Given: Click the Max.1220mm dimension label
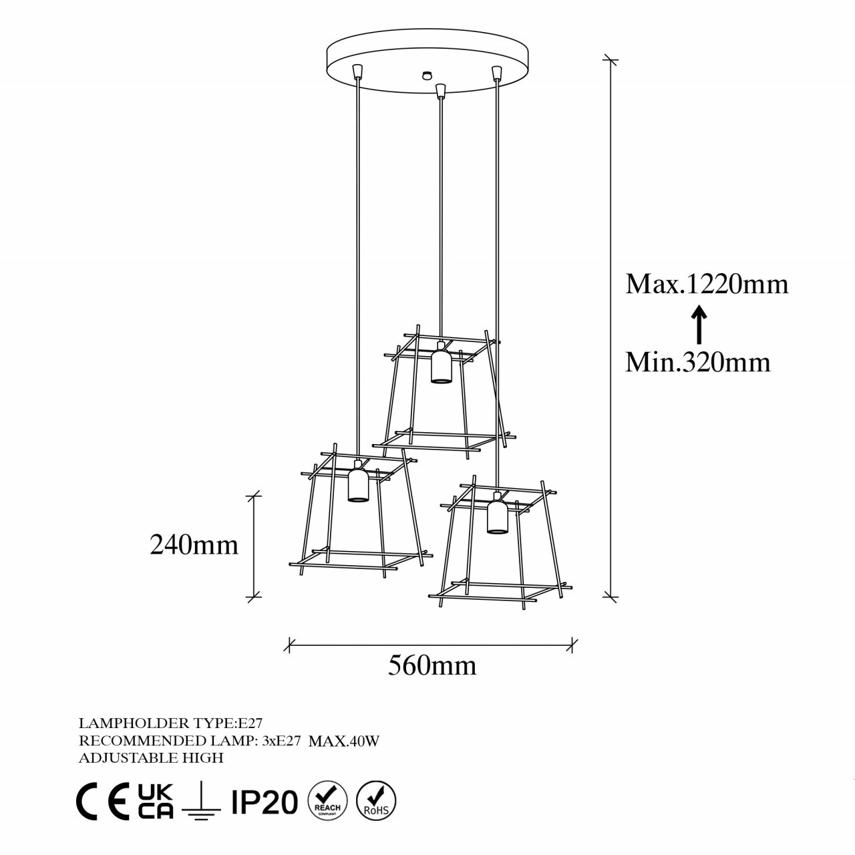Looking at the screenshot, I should click(707, 285).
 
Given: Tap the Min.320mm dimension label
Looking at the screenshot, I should click(698, 362).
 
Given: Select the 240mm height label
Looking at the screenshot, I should click(194, 545).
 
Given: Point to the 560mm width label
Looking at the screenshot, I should click(432, 665).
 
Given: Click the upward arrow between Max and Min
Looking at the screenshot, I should click(698, 324).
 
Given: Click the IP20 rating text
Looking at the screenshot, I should click(264, 802).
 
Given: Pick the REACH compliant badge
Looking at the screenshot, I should click(327, 800).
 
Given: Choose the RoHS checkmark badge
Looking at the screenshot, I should click(376, 800).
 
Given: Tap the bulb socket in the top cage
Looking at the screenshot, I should click(440, 364).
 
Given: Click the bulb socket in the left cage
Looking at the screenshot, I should click(358, 483).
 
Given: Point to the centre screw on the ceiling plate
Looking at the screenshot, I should click(424, 75).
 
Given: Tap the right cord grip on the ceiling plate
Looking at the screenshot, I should click(496, 71).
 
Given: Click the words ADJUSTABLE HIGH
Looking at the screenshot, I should click(151, 757).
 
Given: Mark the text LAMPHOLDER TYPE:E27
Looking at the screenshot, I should click(170, 723).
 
